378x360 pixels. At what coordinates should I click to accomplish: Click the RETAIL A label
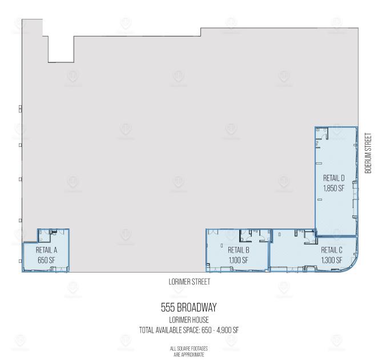click(46, 250)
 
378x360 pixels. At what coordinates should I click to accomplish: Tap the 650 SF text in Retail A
click(46, 260)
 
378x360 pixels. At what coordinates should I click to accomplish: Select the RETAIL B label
click(239, 250)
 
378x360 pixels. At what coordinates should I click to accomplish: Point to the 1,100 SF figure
click(239, 260)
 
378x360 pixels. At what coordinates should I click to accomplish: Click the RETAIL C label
click(332, 250)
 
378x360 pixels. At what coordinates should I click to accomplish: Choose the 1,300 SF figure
click(332, 260)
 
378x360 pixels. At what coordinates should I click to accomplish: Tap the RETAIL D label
click(333, 178)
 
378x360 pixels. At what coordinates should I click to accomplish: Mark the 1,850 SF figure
click(333, 188)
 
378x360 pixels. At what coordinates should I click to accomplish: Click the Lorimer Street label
click(189, 282)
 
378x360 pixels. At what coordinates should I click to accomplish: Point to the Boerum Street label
click(368, 153)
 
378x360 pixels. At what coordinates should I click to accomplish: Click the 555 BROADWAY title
click(189, 307)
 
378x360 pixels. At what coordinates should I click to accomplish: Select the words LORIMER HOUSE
click(189, 320)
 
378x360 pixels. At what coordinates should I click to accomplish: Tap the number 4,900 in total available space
click(223, 330)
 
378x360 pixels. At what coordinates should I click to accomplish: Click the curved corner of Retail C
click(352, 266)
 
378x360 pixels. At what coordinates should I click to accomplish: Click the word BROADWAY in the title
click(197, 307)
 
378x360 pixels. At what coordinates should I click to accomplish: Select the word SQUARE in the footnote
click(183, 349)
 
